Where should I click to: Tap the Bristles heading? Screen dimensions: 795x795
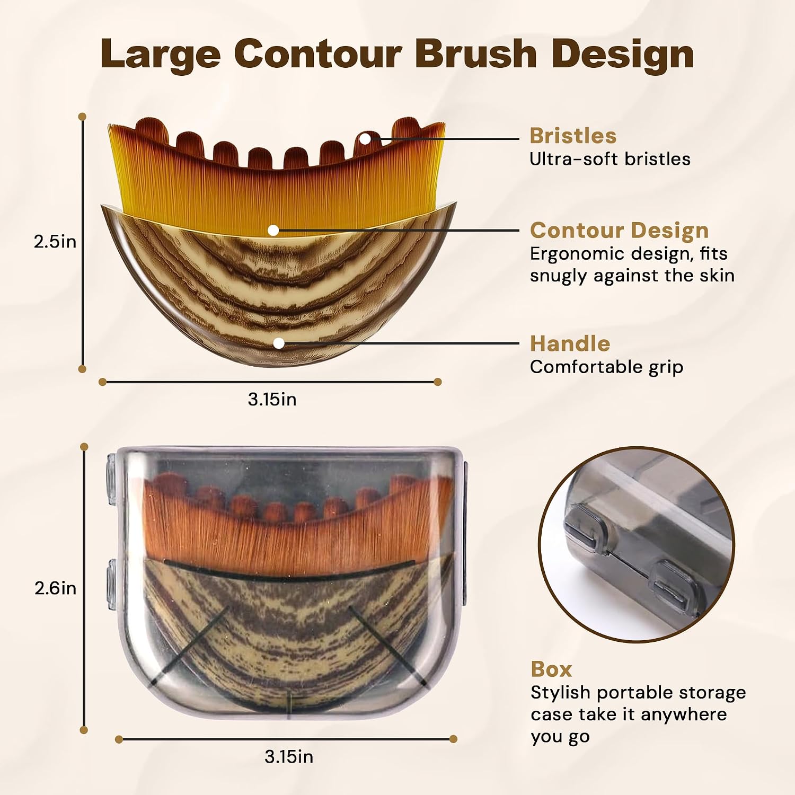point(573,136)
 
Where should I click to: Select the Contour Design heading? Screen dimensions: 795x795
point(619,231)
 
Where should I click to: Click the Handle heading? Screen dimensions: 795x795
point(570,343)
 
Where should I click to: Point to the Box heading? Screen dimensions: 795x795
point(551,669)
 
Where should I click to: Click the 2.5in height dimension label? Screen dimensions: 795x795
point(55,242)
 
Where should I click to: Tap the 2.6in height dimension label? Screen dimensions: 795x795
point(55,588)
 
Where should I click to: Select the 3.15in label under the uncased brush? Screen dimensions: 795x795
point(272,399)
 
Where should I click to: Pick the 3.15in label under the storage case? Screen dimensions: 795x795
point(289,756)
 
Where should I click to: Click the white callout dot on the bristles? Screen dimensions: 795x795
point(365,138)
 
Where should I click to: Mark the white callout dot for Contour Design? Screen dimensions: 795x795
point(273,230)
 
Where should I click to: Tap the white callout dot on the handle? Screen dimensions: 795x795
point(279,343)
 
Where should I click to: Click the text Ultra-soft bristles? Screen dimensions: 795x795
point(610,159)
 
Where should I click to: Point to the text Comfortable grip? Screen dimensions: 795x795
point(606,367)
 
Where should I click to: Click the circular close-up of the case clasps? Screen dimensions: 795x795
point(637,545)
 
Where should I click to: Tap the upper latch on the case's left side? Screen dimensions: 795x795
point(111,479)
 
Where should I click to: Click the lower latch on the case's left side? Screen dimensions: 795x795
point(111,583)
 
